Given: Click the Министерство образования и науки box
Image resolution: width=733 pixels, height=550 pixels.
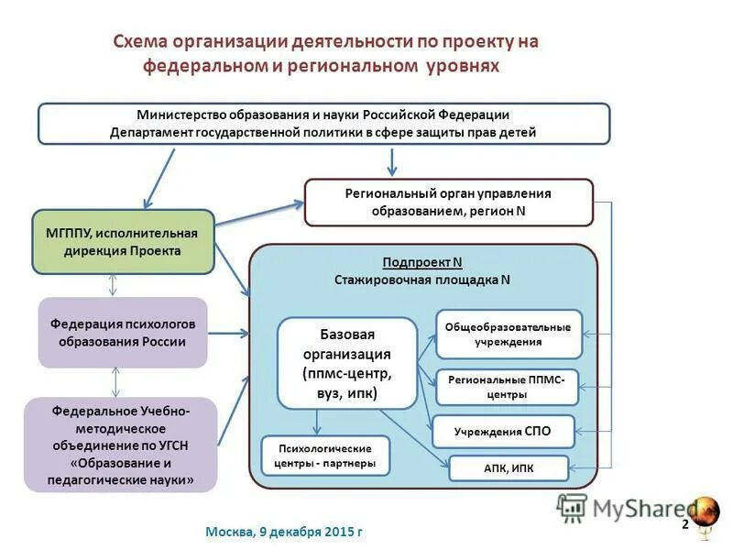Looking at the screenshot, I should (x=323, y=123).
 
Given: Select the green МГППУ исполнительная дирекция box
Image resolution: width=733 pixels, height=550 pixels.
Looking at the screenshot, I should (x=123, y=242).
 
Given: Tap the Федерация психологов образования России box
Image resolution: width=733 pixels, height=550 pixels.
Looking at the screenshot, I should (x=123, y=333).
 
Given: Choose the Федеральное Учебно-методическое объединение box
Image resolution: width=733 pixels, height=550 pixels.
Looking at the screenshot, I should (x=121, y=445).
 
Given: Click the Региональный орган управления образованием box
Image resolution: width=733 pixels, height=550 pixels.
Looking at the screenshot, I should (x=448, y=203).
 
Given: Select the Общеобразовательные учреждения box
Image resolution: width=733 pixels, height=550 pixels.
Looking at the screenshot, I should (x=508, y=334).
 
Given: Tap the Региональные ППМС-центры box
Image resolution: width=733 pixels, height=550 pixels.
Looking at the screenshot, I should (x=507, y=387).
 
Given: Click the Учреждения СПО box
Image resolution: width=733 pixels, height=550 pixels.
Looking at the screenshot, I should (x=503, y=431).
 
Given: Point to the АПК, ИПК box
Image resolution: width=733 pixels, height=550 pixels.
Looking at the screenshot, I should (x=509, y=468).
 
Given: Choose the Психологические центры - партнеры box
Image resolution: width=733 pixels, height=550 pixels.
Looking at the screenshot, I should (x=324, y=456).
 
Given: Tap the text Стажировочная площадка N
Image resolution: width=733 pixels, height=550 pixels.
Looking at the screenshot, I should (x=422, y=280).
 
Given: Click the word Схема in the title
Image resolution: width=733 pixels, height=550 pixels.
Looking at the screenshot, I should (x=143, y=42).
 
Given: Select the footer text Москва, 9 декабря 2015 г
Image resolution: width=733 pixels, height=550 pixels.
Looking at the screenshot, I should (x=284, y=532).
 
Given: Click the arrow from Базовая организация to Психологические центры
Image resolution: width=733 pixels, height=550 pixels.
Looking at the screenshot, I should (x=317, y=421).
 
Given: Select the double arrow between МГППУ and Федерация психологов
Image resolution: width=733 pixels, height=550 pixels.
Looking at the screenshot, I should (x=113, y=285).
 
